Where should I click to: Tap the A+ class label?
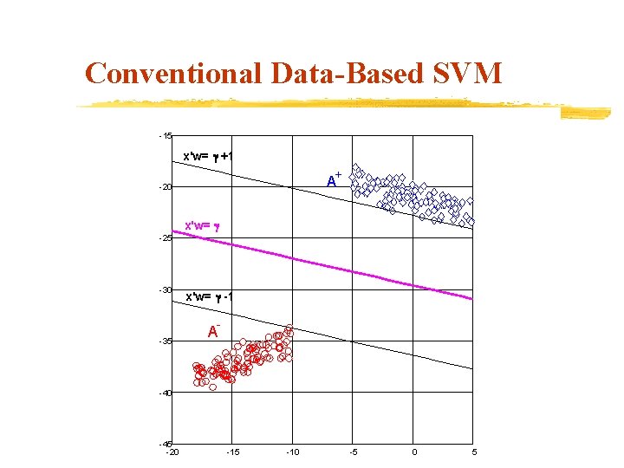coord(333,181)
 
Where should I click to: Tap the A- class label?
coord(213,331)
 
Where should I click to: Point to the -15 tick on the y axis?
coord(166,136)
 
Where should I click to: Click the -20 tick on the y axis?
coord(166,187)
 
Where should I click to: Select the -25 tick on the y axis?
coord(166,238)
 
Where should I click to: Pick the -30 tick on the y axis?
coord(166,289)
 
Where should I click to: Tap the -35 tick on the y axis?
coord(166,341)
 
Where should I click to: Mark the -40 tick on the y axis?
coord(166,393)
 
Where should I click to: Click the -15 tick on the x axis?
coord(231,452)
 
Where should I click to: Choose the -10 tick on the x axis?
coord(292,452)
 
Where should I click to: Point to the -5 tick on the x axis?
coord(353,452)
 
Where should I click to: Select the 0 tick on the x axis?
coord(414,452)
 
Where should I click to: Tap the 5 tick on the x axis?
coord(474,452)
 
